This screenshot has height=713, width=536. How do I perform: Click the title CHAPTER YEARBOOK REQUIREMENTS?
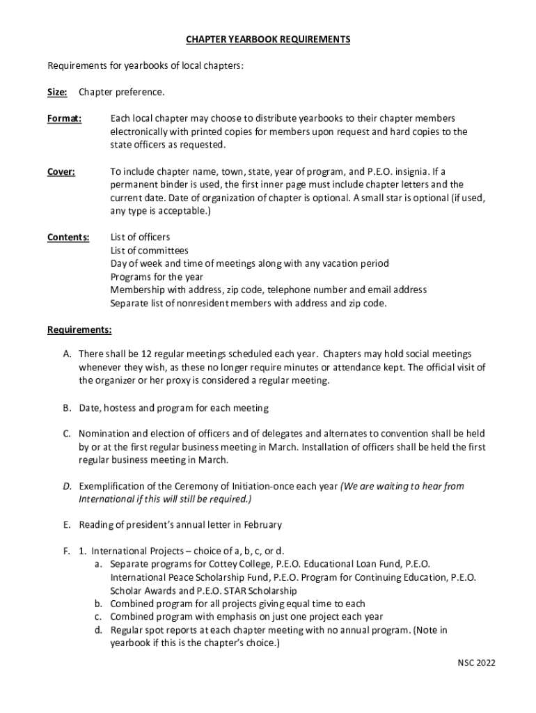[x=267, y=40]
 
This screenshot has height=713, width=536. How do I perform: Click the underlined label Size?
[x=57, y=92]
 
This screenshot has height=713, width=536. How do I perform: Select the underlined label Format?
[x=64, y=118]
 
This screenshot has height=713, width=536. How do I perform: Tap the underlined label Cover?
[x=61, y=171]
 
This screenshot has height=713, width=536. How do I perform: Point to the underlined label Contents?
[x=68, y=237]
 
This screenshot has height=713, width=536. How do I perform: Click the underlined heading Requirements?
[x=79, y=329]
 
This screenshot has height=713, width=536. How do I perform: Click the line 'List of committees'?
[x=150, y=251]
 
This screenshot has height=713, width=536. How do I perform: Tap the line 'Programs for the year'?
[x=157, y=277]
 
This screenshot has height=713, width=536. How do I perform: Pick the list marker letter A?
[x=66, y=354]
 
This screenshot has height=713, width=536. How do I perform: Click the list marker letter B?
[x=66, y=408]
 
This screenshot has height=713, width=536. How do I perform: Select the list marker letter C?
[x=66, y=434]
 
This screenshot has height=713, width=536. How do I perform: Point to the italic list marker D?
[x=66, y=487]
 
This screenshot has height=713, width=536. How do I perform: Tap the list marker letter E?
[x=66, y=524]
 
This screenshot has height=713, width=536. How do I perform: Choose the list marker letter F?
[x=65, y=551]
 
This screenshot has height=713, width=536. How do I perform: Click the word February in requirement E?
[x=260, y=524]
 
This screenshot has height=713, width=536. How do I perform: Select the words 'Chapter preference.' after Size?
[x=122, y=92]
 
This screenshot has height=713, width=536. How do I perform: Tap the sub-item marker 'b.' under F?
[x=99, y=604]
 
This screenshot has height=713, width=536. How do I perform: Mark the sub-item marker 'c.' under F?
[x=99, y=617]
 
